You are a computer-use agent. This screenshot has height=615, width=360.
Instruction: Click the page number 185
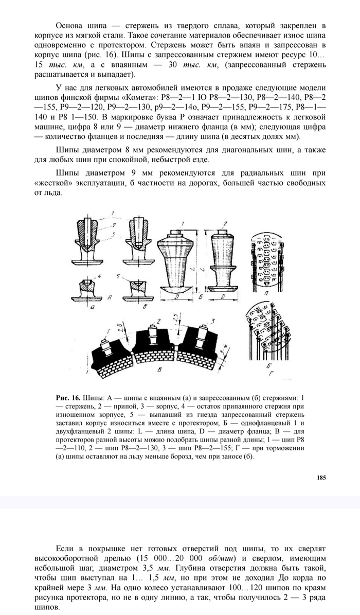point(321,477)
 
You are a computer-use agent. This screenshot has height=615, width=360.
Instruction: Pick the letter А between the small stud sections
point(111,298)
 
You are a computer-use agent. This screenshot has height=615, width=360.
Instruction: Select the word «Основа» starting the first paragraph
point(70,25)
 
